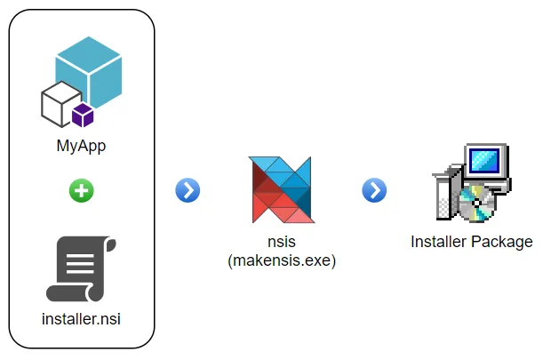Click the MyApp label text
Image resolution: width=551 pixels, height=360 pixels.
pos(81,146)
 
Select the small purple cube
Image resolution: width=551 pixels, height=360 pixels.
pos(84,114)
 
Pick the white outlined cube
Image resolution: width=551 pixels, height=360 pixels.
pos(59,104)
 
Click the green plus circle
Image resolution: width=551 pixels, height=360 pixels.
pos(81,189)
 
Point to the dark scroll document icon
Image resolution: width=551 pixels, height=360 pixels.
pos(81,269)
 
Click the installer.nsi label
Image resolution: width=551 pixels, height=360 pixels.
pos(81,317)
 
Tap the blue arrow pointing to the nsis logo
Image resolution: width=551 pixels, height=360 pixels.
pos(188,189)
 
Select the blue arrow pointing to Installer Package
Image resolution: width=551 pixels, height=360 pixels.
pos(374,189)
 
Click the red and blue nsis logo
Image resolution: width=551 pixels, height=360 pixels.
pos(281,189)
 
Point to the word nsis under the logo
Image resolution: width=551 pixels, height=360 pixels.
pos(281,243)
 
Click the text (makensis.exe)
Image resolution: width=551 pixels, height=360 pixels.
pos(281,260)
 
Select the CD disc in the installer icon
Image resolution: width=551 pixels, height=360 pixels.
pos(479,204)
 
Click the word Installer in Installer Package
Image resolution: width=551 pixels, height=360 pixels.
pos(440,241)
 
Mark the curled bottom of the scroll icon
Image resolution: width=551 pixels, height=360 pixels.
pos(76,292)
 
